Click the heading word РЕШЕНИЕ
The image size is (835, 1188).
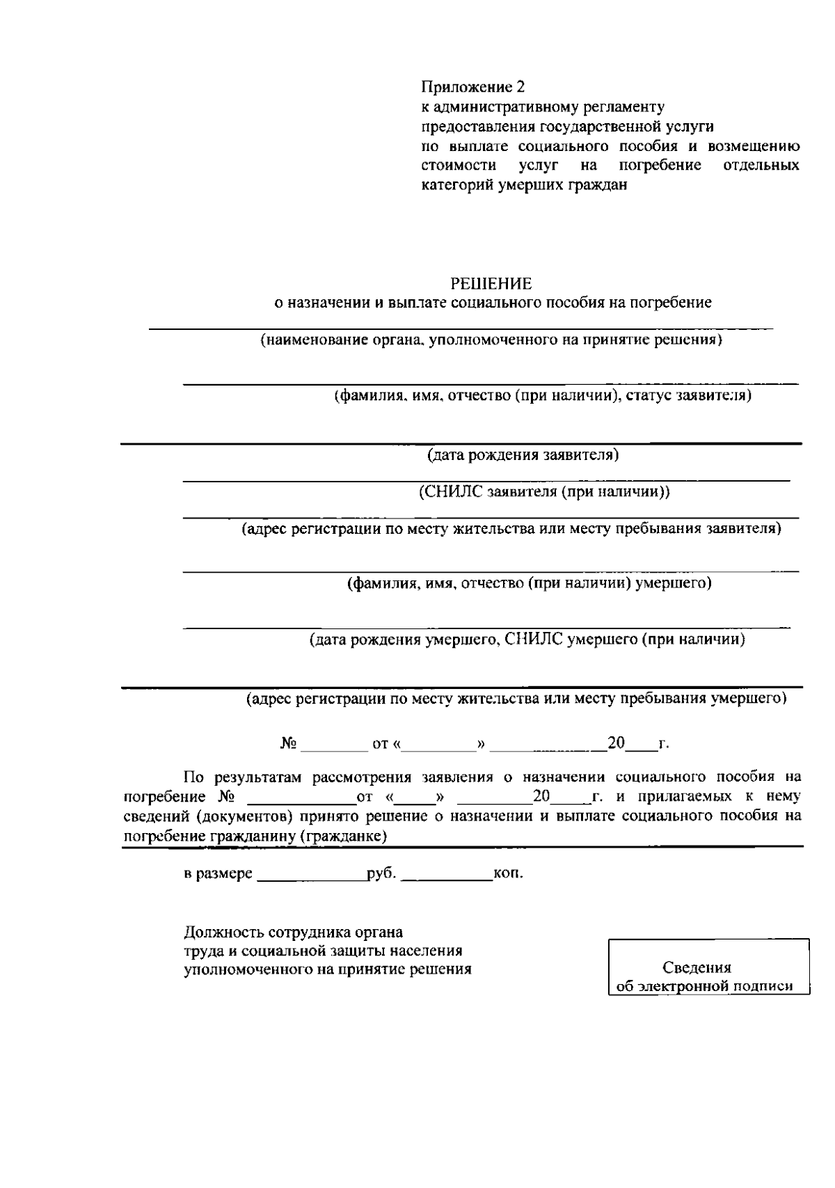coord(491,283)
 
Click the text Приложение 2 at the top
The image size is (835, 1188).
coord(472,87)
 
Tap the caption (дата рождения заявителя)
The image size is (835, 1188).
coord(522,455)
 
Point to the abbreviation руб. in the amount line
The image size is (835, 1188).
coord(381,873)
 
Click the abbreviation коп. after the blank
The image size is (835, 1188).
coord(508,873)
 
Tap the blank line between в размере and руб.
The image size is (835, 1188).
coord(311,877)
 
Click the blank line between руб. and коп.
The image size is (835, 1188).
coord(447,877)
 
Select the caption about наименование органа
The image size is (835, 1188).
coord(491,340)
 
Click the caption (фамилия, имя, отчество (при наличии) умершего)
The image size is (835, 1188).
coord(529,583)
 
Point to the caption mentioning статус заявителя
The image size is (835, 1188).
coord(543,396)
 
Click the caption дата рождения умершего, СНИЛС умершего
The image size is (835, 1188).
coord(527,640)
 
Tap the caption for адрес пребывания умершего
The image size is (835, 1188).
coord(516,698)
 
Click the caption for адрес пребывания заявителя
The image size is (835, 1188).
coord(511,529)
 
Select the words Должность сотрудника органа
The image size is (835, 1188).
coord(293,932)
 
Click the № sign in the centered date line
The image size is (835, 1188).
coord(289,744)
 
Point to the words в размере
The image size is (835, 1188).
coord(218,873)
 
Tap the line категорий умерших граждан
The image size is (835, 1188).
coord(525,185)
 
